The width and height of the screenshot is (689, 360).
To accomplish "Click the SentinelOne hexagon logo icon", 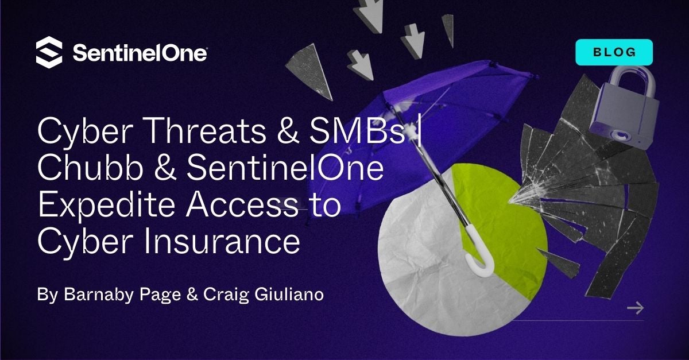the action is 49,52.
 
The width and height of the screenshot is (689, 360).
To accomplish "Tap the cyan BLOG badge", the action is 614,52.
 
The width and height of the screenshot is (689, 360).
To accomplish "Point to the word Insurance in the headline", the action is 222,242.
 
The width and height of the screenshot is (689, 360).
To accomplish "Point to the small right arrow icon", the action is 635,308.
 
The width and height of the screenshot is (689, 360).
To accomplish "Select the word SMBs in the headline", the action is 357,131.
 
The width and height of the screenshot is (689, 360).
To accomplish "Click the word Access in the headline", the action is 242,205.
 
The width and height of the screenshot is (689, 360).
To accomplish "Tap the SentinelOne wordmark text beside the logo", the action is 140,53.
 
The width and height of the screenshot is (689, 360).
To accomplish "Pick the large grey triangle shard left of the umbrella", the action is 310,71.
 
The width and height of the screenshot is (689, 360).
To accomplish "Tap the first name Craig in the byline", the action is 226,295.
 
